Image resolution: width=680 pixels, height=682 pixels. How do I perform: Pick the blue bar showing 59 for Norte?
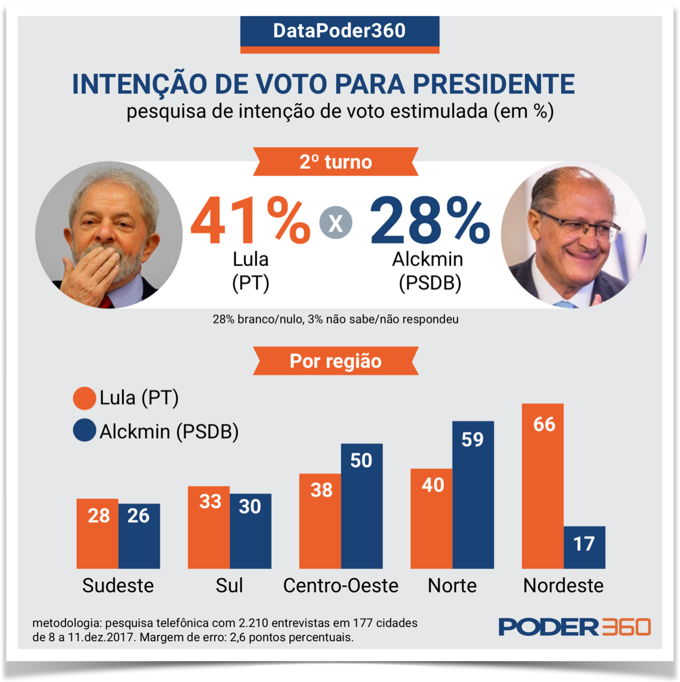click(473, 494)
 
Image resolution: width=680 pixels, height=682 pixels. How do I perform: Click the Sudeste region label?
click(118, 585)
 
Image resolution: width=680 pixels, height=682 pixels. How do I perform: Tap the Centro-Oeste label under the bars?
click(341, 585)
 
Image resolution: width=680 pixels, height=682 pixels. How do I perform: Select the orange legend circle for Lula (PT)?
click(84, 398)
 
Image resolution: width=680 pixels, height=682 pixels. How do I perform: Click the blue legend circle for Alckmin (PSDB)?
click(84, 431)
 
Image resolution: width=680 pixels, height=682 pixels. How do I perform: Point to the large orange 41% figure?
click(250, 221)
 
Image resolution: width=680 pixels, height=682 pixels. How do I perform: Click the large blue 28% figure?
click(429, 221)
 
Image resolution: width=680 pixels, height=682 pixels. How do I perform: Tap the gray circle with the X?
click(336, 223)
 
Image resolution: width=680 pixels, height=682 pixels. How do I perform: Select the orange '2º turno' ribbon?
click(336, 161)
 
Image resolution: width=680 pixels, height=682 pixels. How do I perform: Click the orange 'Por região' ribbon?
click(336, 361)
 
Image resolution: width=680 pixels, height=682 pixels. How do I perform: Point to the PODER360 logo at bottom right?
click(574, 627)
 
